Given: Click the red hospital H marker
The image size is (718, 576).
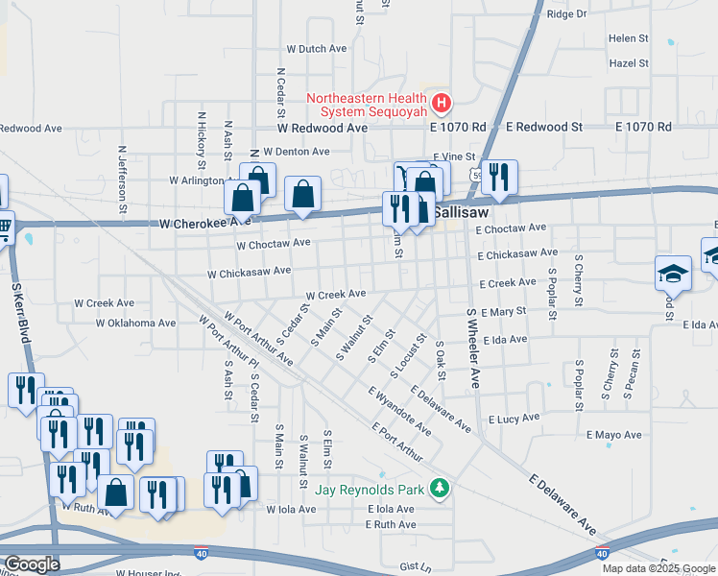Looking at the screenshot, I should click(441, 102).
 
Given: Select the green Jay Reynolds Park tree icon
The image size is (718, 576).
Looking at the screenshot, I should click(441, 489).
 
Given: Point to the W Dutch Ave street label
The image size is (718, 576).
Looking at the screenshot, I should click(316, 49).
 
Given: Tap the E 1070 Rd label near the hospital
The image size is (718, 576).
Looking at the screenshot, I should click(458, 127).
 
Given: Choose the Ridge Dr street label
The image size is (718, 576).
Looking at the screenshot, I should click(566, 14).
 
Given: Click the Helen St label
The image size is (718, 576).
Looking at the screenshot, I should click(629, 38).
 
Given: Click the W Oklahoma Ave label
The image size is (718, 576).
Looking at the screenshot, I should click(135, 324).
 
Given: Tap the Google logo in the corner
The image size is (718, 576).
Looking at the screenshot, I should click(32, 564).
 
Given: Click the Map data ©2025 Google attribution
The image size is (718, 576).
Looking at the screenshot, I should click(658, 568).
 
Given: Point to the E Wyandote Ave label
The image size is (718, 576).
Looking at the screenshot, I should click(399, 410).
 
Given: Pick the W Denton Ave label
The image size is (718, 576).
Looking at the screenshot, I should click(296, 152).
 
